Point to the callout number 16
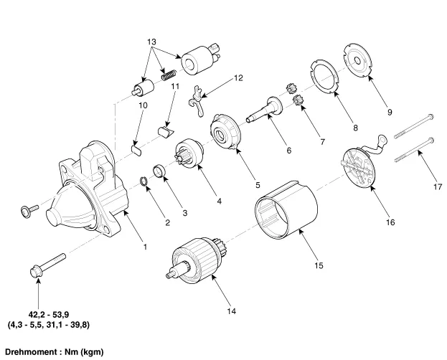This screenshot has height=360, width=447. coord(390,222)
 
